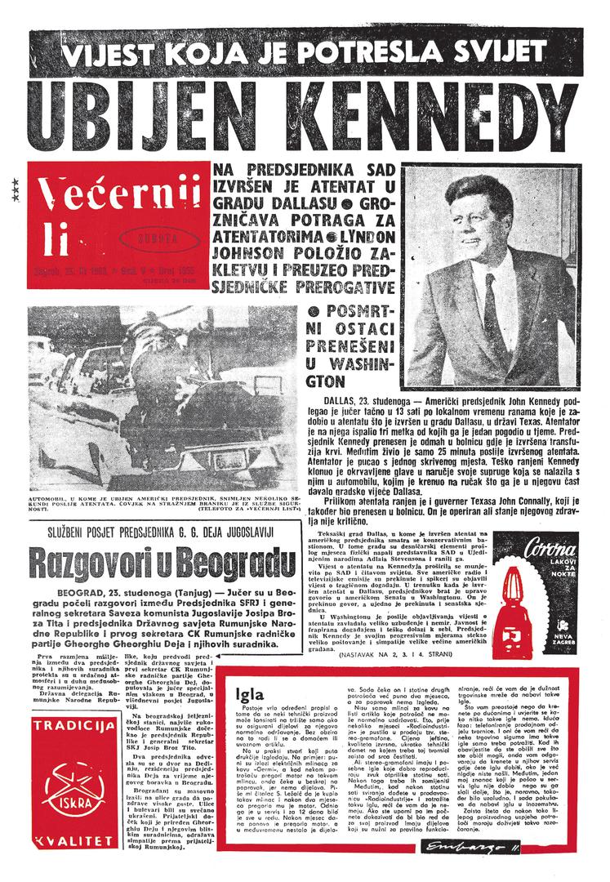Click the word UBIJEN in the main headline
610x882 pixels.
pyautogui.click(x=144, y=116)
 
